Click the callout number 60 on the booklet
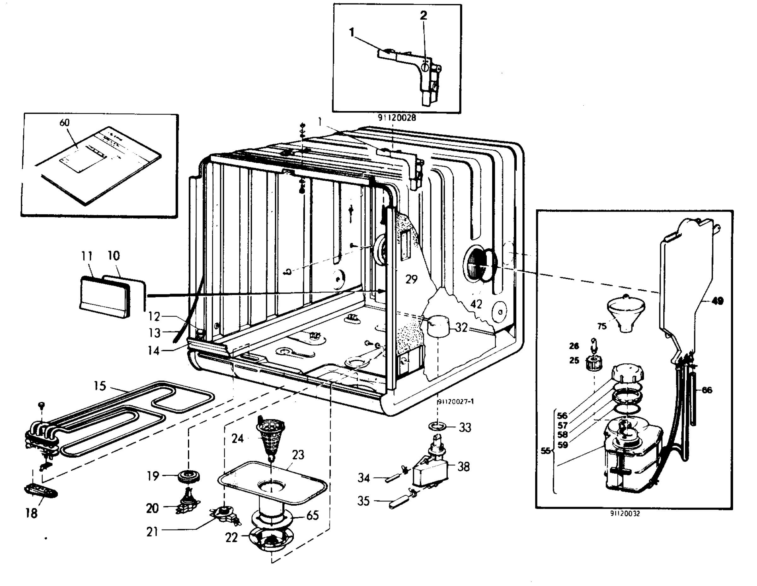click(x=64, y=123)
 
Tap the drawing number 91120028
click(x=396, y=118)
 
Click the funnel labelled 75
click(x=626, y=313)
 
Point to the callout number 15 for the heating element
click(x=100, y=386)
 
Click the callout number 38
click(x=463, y=467)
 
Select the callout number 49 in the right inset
click(x=717, y=301)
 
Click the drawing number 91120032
click(x=625, y=513)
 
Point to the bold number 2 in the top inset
click(x=423, y=15)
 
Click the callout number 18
click(x=31, y=513)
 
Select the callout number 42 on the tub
click(x=476, y=304)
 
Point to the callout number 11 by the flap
click(x=87, y=256)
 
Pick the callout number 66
click(x=707, y=390)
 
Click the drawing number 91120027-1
click(x=455, y=401)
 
